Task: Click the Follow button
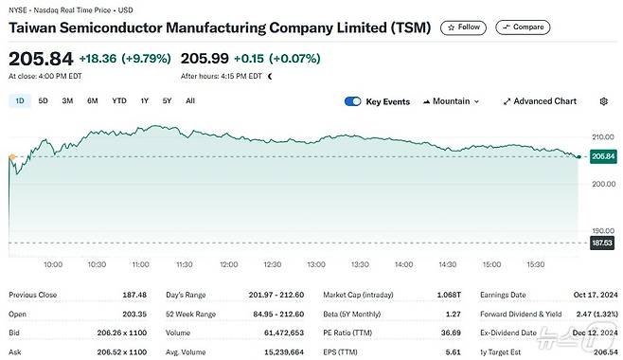click(463, 27)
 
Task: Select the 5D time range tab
click(44, 100)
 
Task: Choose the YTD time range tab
click(119, 100)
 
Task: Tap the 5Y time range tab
click(167, 100)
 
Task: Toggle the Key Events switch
click(353, 101)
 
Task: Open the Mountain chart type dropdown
click(451, 101)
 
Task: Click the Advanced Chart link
click(540, 101)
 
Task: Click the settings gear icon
click(604, 101)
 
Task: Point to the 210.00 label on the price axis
click(601, 136)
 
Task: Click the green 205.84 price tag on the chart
click(602, 156)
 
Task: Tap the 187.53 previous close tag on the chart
click(602, 243)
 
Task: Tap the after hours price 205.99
click(208, 58)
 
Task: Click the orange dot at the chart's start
click(10, 156)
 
